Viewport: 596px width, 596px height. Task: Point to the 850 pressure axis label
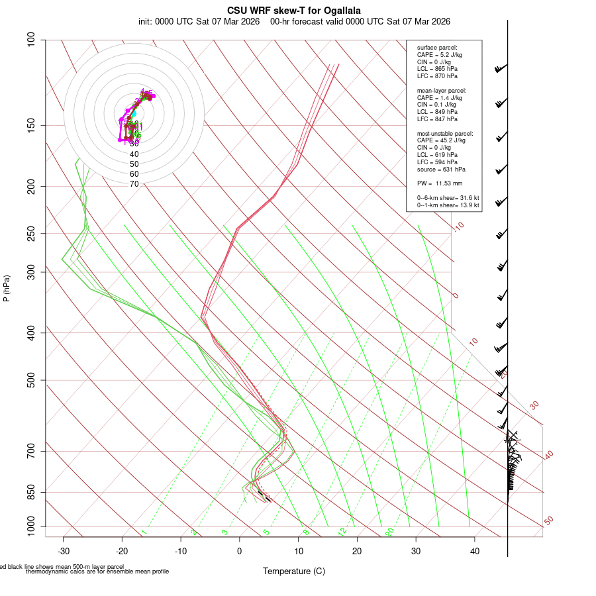coord(30,493)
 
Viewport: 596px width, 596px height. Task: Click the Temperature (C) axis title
coord(294,571)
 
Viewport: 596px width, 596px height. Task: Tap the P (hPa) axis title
coord(7,288)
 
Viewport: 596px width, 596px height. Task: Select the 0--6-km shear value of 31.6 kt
coord(466,198)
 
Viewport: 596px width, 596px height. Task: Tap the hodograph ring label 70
coord(134,184)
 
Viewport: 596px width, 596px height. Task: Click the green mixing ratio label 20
coord(390,531)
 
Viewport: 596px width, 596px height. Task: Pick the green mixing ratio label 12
coord(342,531)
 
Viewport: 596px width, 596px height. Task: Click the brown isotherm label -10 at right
coord(458,227)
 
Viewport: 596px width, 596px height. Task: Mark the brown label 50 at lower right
coord(549,521)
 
